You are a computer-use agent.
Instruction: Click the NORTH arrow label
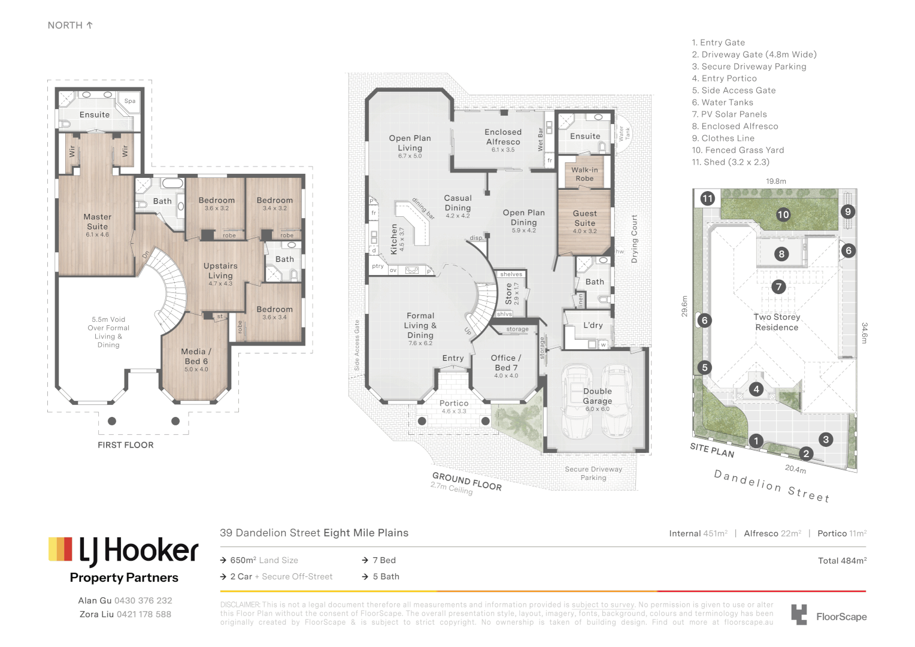tap(70, 25)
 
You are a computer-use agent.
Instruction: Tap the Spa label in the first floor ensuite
tap(130, 101)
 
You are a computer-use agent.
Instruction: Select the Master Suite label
tap(98, 222)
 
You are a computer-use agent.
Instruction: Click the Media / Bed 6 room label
tap(196, 356)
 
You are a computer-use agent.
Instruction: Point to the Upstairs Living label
tap(220, 271)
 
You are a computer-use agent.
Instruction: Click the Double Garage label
tap(597, 396)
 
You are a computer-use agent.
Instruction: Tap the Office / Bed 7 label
tap(506, 362)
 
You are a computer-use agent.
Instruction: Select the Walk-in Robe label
tap(584, 174)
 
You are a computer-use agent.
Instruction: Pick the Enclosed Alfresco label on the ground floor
tap(503, 137)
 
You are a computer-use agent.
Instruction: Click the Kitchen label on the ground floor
tap(394, 239)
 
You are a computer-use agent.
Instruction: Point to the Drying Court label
tap(634, 239)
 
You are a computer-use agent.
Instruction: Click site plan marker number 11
tap(708, 198)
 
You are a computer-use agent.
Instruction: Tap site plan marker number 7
tap(778, 287)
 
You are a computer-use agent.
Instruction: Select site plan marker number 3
tap(826, 439)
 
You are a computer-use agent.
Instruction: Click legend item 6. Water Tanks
tap(722, 102)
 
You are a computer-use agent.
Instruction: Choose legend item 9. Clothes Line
tap(723, 138)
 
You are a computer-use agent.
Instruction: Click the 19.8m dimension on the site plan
tap(775, 181)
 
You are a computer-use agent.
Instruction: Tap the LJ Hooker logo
tap(123, 551)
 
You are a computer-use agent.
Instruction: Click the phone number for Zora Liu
tap(144, 614)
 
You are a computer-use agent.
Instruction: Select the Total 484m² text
tap(842, 561)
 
